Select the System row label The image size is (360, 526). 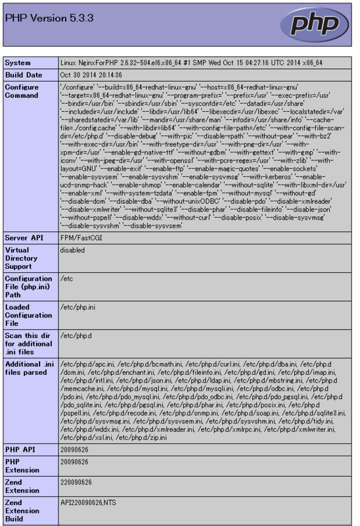18,63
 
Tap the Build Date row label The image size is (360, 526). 26,75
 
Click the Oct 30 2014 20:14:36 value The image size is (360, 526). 93,75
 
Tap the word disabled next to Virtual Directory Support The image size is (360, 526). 73,250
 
